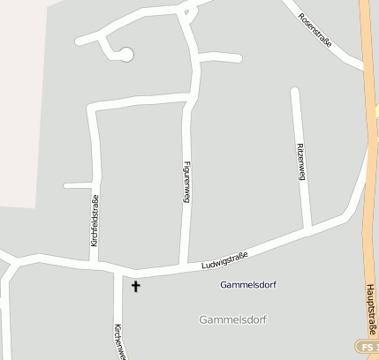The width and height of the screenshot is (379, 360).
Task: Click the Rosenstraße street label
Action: coord(315,31)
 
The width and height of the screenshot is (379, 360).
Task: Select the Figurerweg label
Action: coord(186,182)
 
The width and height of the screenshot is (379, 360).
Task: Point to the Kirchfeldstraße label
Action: coord(95,220)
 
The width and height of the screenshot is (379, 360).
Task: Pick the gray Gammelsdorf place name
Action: coord(233,319)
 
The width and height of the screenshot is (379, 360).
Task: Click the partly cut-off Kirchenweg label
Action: coord(120,341)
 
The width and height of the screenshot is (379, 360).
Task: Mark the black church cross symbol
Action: coord(136,286)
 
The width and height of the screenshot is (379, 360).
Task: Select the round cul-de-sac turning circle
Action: coord(126,56)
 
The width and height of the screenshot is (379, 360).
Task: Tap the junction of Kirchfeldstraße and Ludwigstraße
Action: coord(95,263)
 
